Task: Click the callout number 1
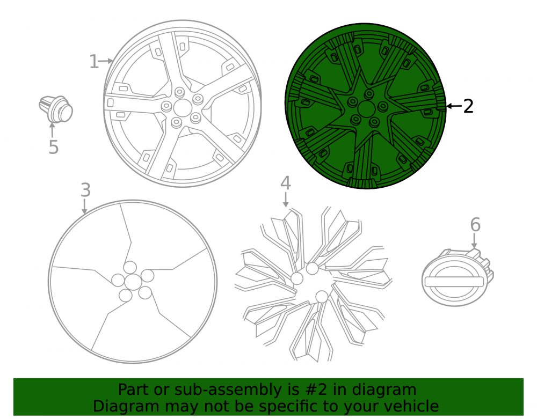[x=94, y=62]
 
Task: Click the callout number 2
[x=468, y=106]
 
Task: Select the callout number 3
[x=85, y=190]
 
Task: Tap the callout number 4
[x=286, y=183]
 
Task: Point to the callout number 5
[x=53, y=147]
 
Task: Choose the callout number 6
[x=475, y=224]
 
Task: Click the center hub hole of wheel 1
[x=183, y=108]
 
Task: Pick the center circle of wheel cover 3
[x=133, y=282]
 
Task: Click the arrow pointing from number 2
[x=454, y=106]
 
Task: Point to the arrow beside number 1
[x=106, y=61]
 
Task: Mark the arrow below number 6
[x=474, y=241]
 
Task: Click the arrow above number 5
[x=52, y=130]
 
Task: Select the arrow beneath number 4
[x=286, y=200]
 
